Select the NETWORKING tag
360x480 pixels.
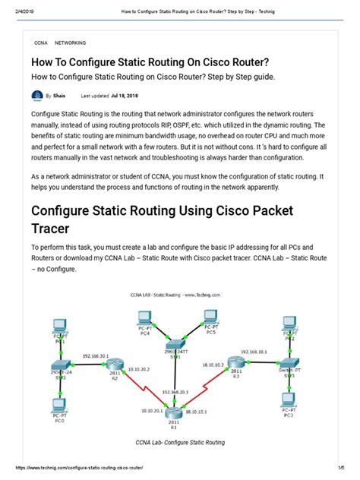[x=71, y=43]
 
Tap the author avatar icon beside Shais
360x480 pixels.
[x=37, y=96]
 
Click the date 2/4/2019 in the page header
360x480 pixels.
[x=14, y=6]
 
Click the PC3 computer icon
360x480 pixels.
[x=289, y=400]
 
